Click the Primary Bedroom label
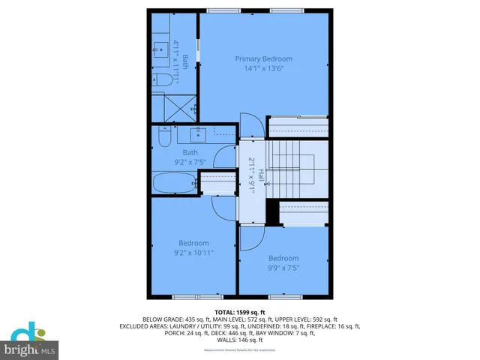coord(263,58)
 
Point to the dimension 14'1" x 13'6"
coord(263,68)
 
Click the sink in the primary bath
coord(160,49)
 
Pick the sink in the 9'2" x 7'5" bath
coord(199,135)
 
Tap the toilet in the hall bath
coord(163,138)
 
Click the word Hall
coord(260,175)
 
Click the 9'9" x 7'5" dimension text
coord(283,268)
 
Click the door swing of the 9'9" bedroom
coord(252,235)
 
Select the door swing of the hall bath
coord(223,157)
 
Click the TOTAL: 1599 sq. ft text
coord(239,310)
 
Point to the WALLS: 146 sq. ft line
coord(239,340)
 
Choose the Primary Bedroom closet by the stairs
coord(298,131)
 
